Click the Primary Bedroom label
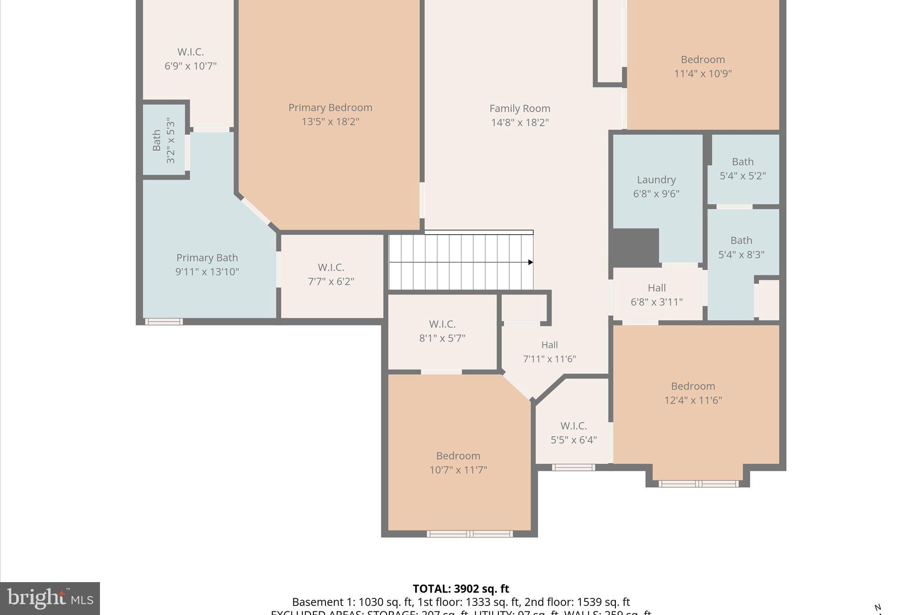(x=330, y=108)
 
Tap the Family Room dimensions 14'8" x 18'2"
(x=520, y=123)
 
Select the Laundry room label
(x=656, y=180)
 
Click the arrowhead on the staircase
(x=531, y=262)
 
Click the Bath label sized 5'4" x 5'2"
(x=742, y=162)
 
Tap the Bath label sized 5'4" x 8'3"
(x=741, y=241)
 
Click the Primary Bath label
(x=207, y=258)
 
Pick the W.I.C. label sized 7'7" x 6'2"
(x=331, y=268)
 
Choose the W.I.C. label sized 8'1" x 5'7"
(x=442, y=324)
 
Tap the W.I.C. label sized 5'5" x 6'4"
(x=574, y=426)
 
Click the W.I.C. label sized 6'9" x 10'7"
(x=190, y=52)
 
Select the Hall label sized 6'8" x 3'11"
(x=656, y=288)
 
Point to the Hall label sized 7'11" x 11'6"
(x=549, y=345)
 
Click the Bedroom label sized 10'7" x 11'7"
(x=458, y=456)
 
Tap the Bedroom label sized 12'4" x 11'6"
(x=693, y=387)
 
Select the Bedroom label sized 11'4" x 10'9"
(x=702, y=60)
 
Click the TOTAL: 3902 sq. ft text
(x=461, y=589)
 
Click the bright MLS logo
(x=50, y=598)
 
